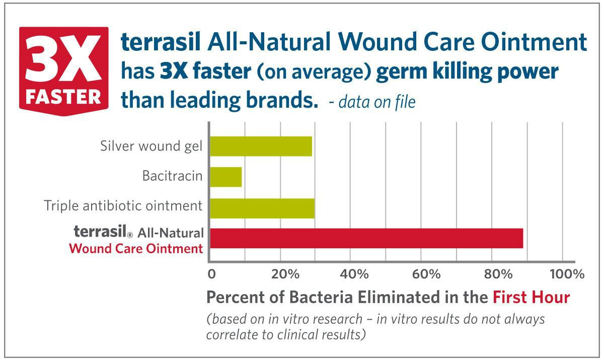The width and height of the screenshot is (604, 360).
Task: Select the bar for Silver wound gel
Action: (x=261, y=146)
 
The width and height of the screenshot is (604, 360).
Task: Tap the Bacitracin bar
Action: (x=225, y=177)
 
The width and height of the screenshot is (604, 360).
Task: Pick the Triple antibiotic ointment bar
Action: (x=262, y=208)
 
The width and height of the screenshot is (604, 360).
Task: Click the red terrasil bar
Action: (x=366, y=238)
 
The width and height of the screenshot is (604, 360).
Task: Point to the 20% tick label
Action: (x=285, y=274)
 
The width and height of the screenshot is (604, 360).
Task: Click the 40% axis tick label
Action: (x=355, y=274)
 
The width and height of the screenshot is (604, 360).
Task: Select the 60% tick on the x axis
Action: (x=426, y=274)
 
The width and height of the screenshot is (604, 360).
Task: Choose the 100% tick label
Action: (x=567, y=274)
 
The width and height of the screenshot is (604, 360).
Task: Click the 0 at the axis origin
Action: (x=211, y=274)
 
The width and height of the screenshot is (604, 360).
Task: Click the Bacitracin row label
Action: (x=172, y=177)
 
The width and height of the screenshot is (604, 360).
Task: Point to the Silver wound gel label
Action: (x=151, y=147)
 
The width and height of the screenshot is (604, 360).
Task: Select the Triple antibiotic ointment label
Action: (x=123, y=206)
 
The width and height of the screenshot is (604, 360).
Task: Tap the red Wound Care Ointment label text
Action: (x=136, y=249)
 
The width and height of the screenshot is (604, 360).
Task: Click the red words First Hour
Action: (x=531, y=297)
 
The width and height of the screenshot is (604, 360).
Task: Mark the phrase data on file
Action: (x=377, y=103)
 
